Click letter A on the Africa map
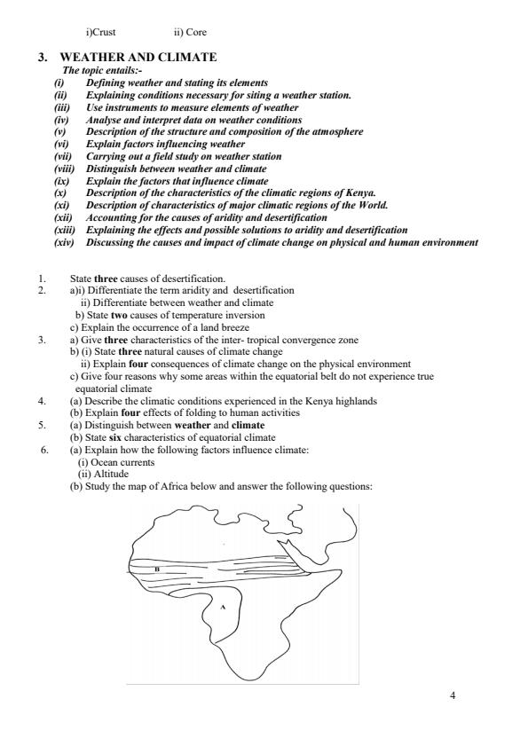click(223, 608)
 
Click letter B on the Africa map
click(157, 569)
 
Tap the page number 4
click(453, 695)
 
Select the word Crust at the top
click(105, 33)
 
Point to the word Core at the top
click(195, 33)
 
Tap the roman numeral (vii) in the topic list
click(62, 156)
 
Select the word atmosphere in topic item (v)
click(333, 131)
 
